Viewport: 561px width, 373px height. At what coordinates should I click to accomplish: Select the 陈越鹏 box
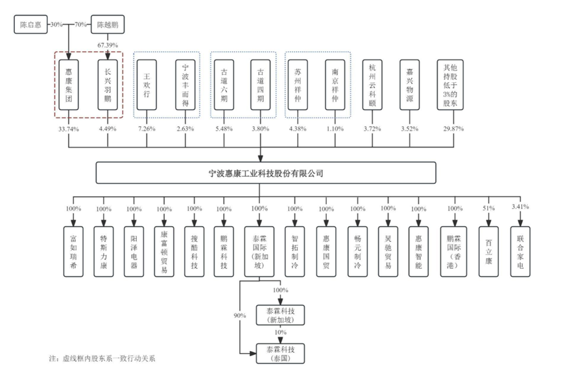[108, 25]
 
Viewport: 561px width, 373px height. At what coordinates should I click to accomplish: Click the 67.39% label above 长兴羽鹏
[107, 45]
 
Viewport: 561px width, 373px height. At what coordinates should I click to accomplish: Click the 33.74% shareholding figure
[69, 129]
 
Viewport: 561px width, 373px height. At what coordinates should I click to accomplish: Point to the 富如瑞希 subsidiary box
[73, 243]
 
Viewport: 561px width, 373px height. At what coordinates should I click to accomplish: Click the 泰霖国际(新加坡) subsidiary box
[259, 243]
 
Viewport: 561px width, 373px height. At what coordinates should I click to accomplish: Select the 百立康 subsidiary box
[488, 243]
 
